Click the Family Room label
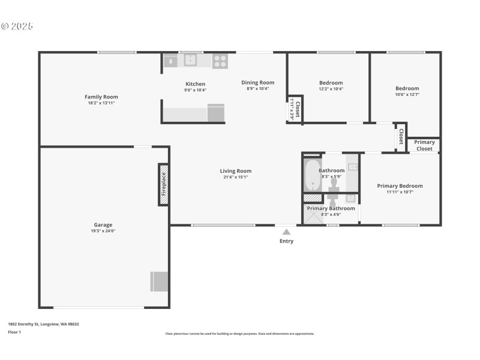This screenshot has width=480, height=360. pyautogui.click(x=101, y=97)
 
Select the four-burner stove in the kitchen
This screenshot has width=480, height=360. pyautogui.click(x=220, y=60)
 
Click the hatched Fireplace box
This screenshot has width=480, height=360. pyautogui.click(x=163, y=184)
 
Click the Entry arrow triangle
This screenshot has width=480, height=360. pyautogui.click(x=286, y=232)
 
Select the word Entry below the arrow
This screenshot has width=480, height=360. pyautogui.click(x=286, y=241)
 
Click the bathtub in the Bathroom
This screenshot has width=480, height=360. pyautogui.click(x=313, y=176)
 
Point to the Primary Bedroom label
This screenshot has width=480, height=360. pyautogui.click(x=400, y=186)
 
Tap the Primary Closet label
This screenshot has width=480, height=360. pyautogui.click(x=424, y=145)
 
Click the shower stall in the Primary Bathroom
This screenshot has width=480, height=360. pyautogui.click(x=313, y=216)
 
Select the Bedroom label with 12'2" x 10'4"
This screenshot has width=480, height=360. pyautogui.click(x=331, y=83)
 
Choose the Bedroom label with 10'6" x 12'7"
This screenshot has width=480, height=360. pyautogui.click(x=407, y=88)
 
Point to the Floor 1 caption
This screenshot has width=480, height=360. pyautogui.click(x=14, y=331)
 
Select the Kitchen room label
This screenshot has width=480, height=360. pyautogui.click(x=195, y=84)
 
